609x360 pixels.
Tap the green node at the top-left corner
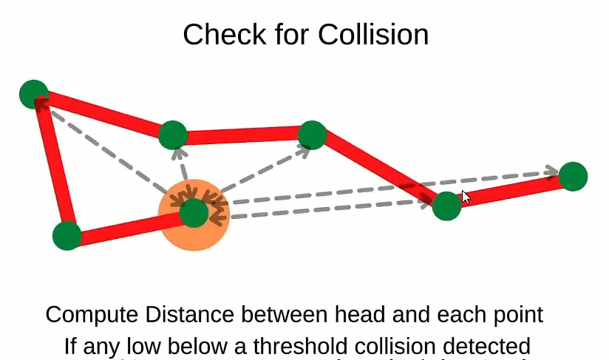(x=33, y=94)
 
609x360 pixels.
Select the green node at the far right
(x=573, y=177)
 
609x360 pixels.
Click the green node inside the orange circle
(x=194, y=213)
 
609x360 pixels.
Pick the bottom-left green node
(x=67, y=236)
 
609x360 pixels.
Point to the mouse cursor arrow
(x=466, y=197)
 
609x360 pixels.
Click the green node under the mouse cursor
(x=446, y=206)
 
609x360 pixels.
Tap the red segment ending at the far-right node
(x=510, y=191)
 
